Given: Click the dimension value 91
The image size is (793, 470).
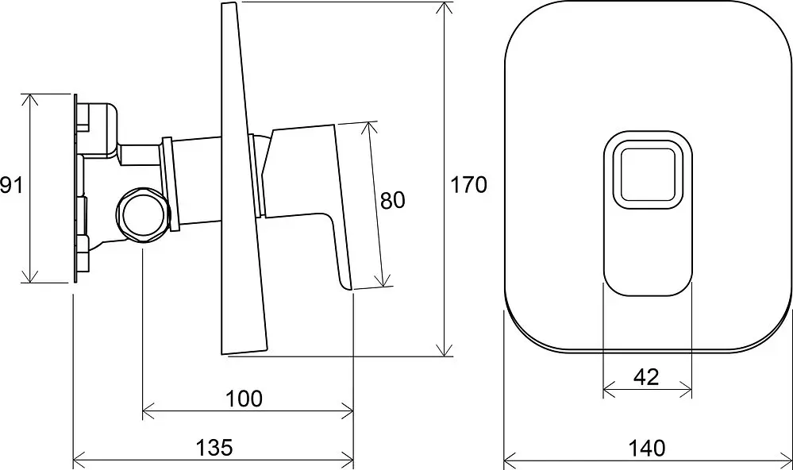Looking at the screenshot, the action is pyautogui.click(x=11, y=185).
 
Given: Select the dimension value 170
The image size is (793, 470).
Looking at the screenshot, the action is pyautogui.click(x=469, y=185).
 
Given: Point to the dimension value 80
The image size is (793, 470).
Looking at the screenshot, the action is pyautogui.click(x=393, y=201).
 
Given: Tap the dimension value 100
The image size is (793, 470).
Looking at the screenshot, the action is pyautogui.click(x=244, y=399).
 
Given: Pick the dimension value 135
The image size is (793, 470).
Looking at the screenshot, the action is pyautogui.click(x=214, y=448).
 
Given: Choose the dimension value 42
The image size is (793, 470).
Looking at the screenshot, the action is pyautogui.click(x=646, y=377).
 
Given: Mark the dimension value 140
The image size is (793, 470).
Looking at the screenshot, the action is pyautogui.click(x=647, y=449).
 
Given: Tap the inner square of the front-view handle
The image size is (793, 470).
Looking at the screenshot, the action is pyautogui.click(x=648, y=175).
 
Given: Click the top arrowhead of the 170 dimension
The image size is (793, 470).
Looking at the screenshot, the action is pyautogui.click(x=445, y=10).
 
